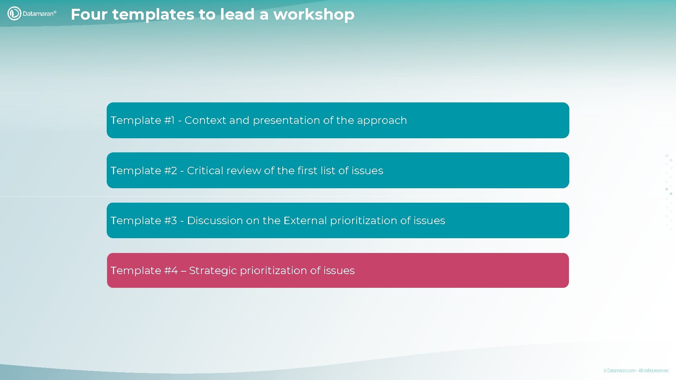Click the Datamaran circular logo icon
[x=14, y=14]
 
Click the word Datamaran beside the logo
[x=39, y=14]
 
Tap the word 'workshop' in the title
[x=314, y=15]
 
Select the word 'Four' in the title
[x=89, y=15]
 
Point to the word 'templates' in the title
[x=153, y=15]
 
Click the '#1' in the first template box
[x=169, y=120]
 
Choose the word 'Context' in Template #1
[x=205, y=120]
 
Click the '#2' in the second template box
[x=171, y=171]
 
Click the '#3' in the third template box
[x=171, y=221]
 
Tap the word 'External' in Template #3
[x=305, y=221]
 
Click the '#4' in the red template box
[x=171, y=271]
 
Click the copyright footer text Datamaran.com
[x=621, y=370]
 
